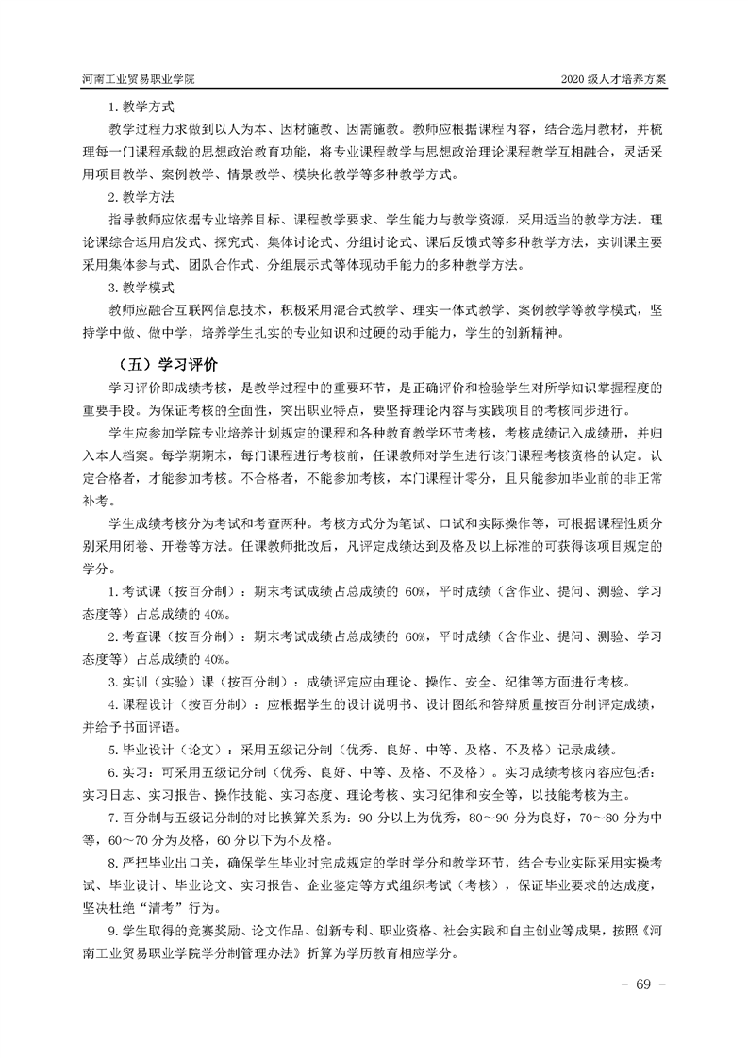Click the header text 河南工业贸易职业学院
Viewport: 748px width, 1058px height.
click(x=138, y=79)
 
